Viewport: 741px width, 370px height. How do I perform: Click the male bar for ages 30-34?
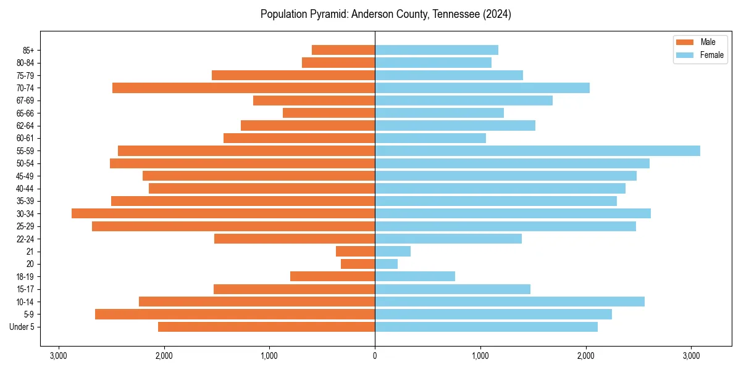point(223,213)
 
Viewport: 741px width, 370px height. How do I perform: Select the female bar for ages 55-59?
point(537,150)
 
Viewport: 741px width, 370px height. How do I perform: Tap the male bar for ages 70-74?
point(243,88)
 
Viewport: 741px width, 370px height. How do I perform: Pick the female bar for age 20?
point(386,264)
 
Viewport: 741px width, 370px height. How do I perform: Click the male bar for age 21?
point(355,251)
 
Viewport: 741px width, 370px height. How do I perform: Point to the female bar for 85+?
point(436,50)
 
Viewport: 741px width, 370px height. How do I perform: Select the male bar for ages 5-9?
point(235,314)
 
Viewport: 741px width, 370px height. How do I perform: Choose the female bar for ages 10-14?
point(509,302)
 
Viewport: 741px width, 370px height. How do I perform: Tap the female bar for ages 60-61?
point(430,138)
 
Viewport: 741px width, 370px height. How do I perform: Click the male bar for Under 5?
point(266,327)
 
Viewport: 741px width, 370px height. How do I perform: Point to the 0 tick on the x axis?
point(375,356)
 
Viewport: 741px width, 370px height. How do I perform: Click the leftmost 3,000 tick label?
point(59,356)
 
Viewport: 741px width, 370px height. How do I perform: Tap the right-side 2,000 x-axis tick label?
point(586,356)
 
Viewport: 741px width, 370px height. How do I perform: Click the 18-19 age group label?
point(25,276)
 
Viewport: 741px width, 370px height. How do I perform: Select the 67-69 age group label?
point(25,101)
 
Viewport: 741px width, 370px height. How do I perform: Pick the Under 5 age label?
point(22,327)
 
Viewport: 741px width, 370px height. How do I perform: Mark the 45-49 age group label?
point(25,176)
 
